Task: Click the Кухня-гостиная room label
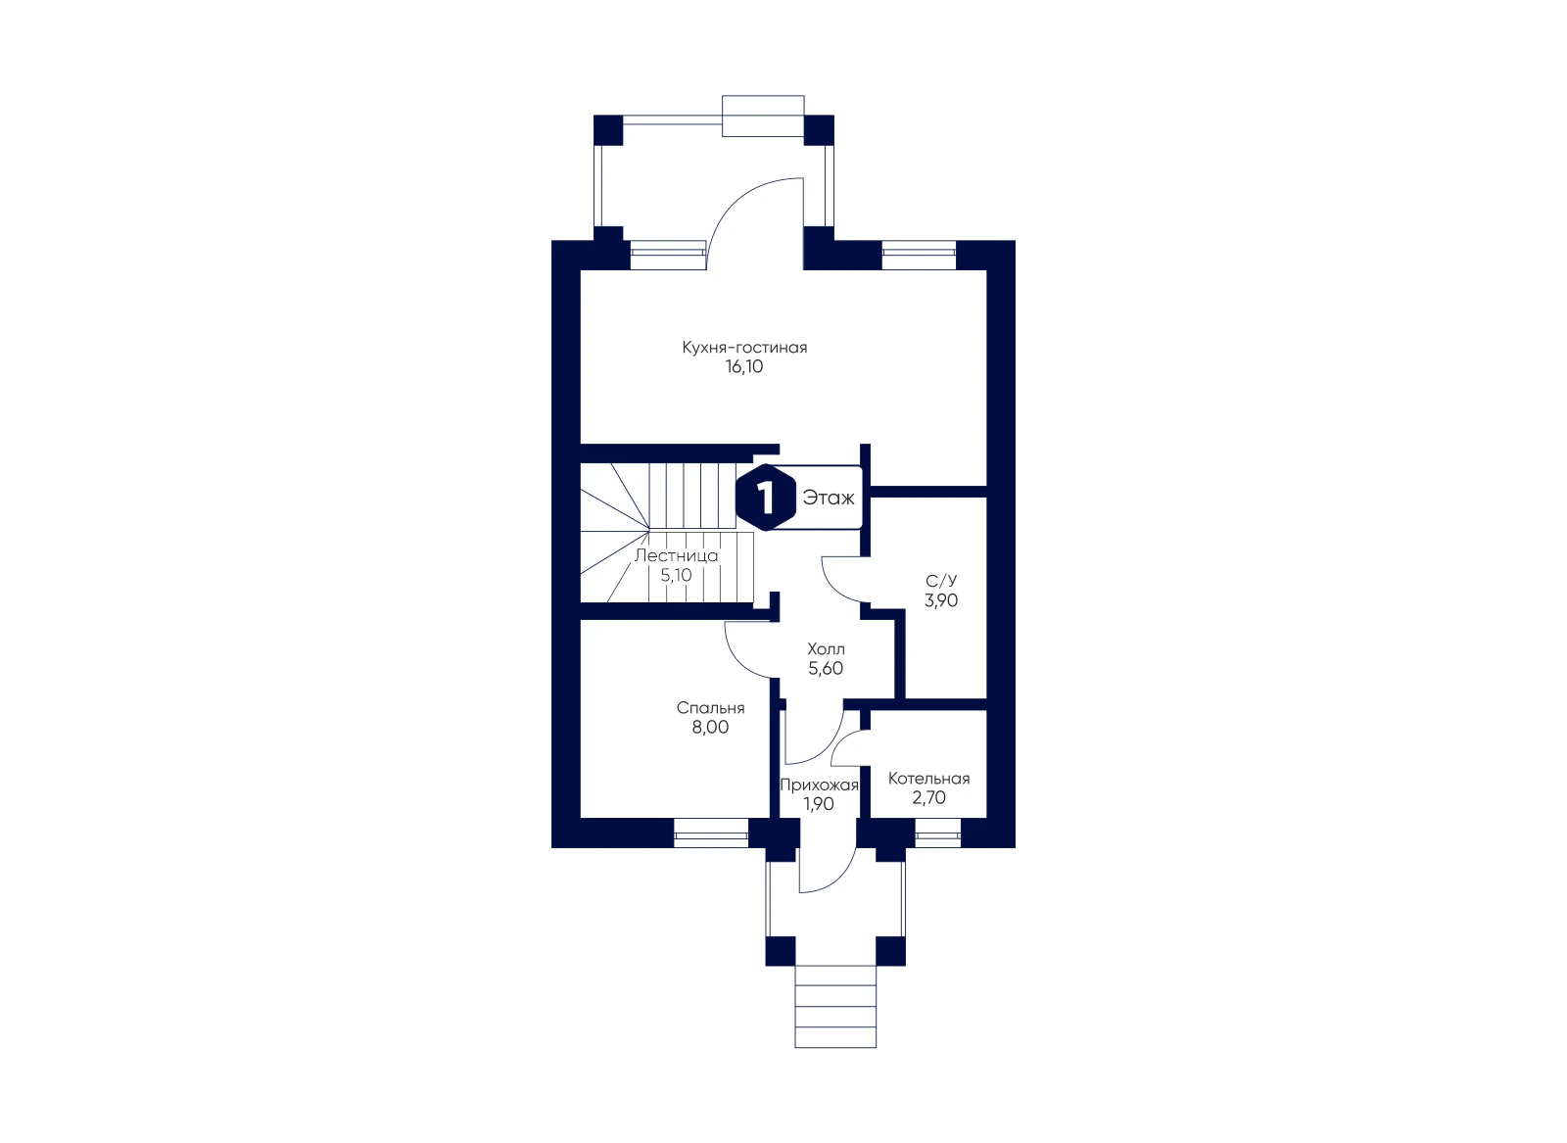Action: point(744,348)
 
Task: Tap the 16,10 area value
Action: point(744,366)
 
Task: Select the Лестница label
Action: point(676,556)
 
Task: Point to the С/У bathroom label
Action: point(941,581)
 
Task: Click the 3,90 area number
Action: point(941,600)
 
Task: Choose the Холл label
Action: point(826,648)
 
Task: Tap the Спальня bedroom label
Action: point(710,708)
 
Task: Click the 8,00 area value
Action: point(710,728)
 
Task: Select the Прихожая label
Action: point(819,785)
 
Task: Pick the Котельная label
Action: point(929,779)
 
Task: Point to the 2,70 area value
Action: point(929,798)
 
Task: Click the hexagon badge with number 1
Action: point(766,498)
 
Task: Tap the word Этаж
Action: point(829,499)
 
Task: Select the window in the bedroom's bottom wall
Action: point(711,833)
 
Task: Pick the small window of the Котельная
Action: point(937,833)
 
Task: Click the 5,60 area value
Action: point(826,669)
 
